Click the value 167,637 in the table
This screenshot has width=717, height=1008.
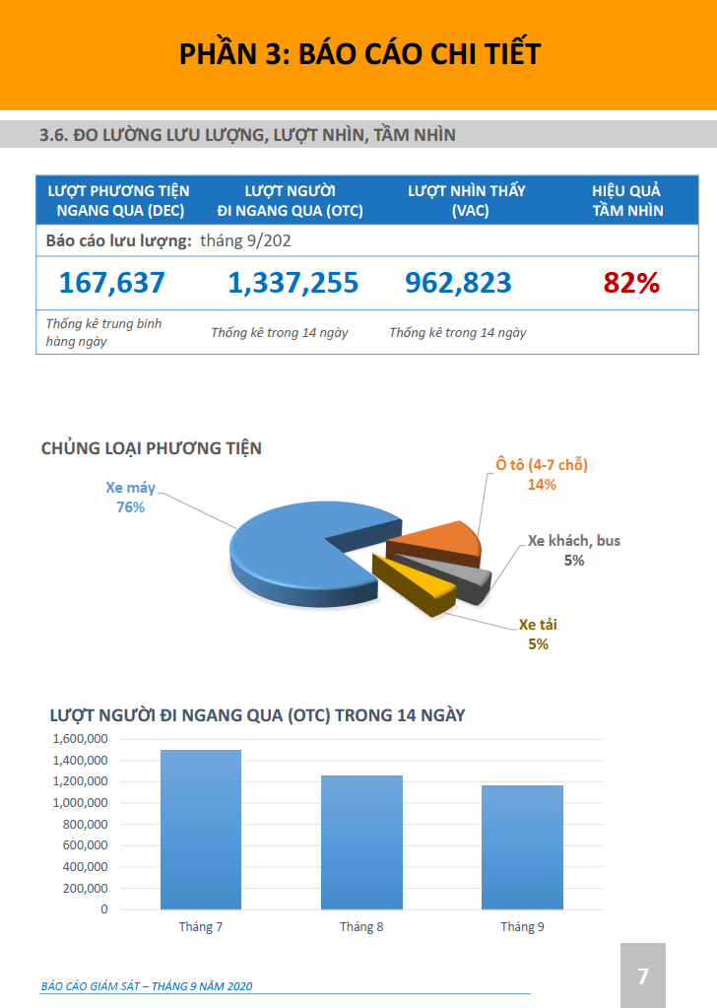coord(111,283)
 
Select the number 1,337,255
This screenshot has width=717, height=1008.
coord(293,283)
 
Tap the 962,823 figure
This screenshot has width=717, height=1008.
coord(458,283)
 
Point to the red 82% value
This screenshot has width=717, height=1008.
coord(631,283)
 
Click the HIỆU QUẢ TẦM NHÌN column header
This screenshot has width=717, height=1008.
coord(626,200)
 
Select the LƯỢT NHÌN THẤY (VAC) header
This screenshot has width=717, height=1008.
coord(467,200)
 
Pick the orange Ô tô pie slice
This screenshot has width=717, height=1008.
coord(440,540)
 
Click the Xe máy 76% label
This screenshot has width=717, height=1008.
coord(131,497)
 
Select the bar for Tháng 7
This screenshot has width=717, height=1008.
coord(201,829)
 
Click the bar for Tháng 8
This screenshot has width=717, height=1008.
coord(361,841)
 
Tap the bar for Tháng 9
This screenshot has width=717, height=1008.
coord(522,846)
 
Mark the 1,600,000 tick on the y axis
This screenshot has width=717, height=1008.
coord(80,739)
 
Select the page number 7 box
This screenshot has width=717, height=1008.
coord(643,975)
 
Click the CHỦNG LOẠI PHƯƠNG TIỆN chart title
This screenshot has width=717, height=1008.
coord(152,448)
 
